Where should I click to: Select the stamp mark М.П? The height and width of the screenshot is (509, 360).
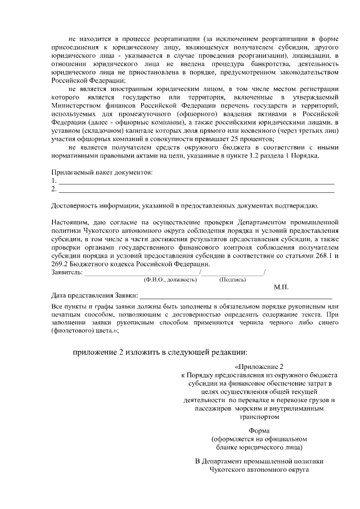click(281, 287)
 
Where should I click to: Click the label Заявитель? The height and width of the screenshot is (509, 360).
click(67, 272)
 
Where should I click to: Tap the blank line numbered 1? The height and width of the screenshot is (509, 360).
click(196, 182)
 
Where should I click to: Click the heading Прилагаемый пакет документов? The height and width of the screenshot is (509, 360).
click(102, 172)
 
